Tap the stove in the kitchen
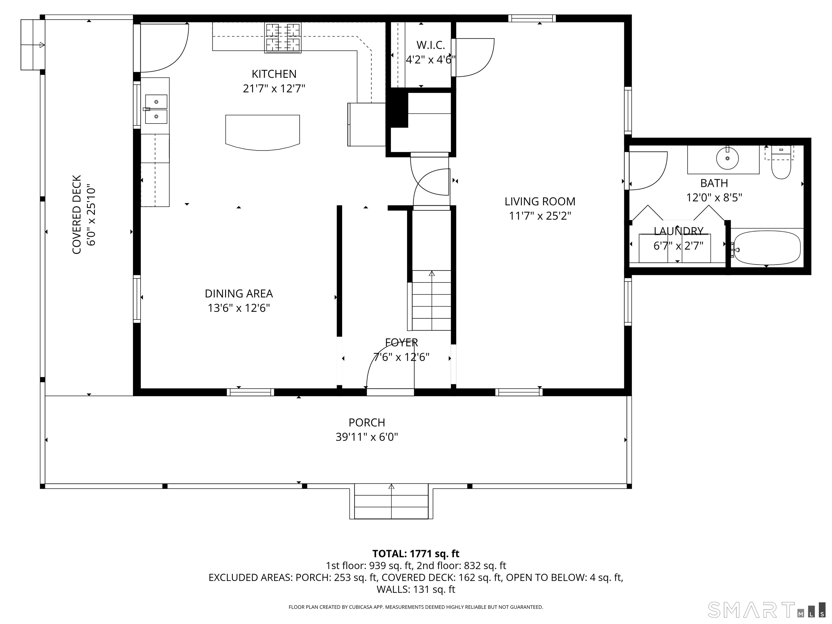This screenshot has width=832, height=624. pyautogui.click(x=283, y=38)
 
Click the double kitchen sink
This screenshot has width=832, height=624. pyautogui.click(x=156, y=109)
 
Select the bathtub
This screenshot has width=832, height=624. pyautogui.click(x=767, y=248)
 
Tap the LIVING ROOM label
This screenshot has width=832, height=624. pyautogui.click(x=540, y=201)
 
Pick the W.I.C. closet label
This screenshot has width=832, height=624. pyautogui.click(x=431, y=45)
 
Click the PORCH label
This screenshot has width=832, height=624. pyautogui.click(x=367, y=422)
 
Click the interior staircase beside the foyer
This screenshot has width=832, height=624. pyautogui.click(x=431, y=300)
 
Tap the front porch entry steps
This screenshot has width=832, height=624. pyautogui.click(x=391, y=501)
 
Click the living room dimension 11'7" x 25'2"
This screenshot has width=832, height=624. pyautogui.click(x=540, y=216)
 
